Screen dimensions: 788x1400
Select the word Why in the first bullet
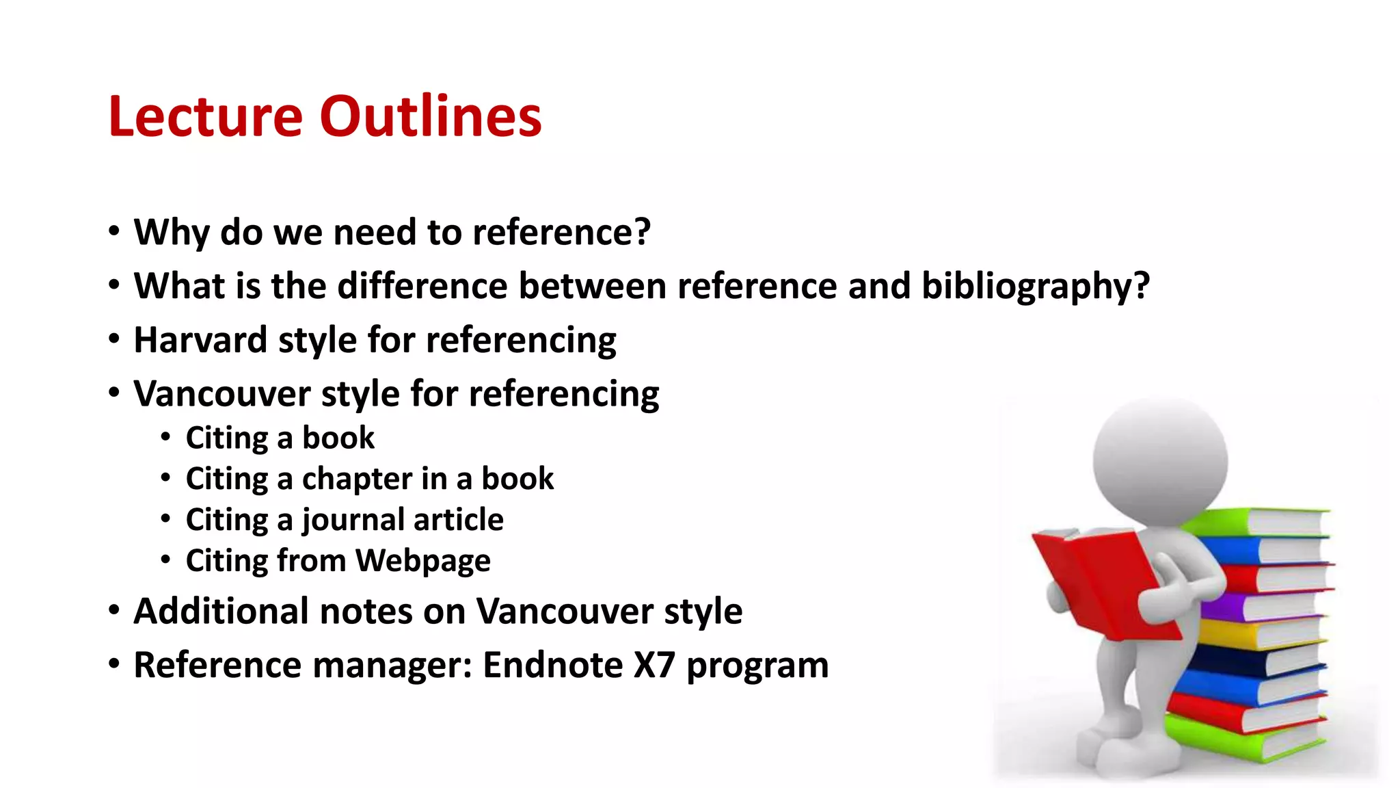click(x=171, y=233)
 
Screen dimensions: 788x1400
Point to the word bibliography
click(x=1036, y=286)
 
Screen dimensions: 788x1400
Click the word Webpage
click(x=422, y=561)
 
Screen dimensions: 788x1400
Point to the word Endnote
click(x=552, y=665)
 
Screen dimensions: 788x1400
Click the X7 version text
click(x=655, y=665)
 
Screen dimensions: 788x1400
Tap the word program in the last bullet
click(x=757, y=666)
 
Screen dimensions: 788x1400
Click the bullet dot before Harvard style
click(x=114, y=339)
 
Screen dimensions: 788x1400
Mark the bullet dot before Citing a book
click(x=166, y=436)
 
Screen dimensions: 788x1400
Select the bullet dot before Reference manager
click(x=114, y=664)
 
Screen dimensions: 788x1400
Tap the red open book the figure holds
click(x=1101, y=581)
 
